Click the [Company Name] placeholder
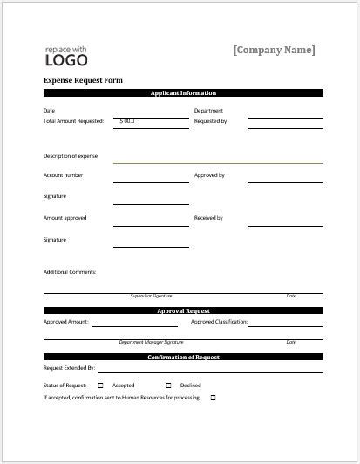(274, 51)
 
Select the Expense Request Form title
(83, 80)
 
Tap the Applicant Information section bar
(183, 92)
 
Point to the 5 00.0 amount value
(127, 121)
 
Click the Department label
(208, 111)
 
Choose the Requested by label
(210, 121)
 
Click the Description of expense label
(71, 156)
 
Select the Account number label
(64, 175)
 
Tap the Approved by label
(209, 175)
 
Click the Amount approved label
(65, 217)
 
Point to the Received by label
(208, 217)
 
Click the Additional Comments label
(70, 271)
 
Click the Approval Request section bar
(183, 310)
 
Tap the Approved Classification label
(220, 322)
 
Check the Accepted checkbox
(100, 385)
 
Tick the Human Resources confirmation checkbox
(213, 398)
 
